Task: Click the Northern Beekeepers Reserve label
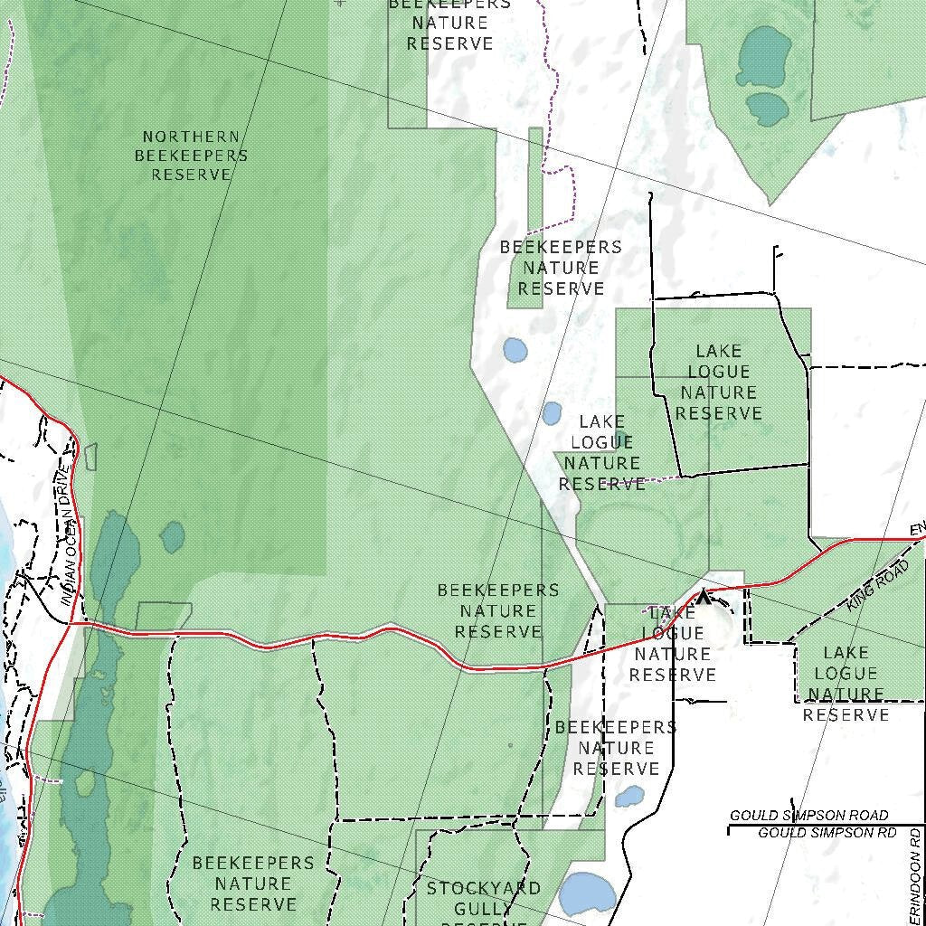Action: pos(191,156)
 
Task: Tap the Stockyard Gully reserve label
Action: pos(483,899)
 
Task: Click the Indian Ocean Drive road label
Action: pos(66,534)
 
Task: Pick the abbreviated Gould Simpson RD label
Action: pos(827,832)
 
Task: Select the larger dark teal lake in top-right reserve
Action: pos(764,57)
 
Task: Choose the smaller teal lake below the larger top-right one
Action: pos(767,109)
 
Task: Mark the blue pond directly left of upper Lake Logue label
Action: pos(515,350)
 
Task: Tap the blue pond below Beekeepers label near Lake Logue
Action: pos(552,413)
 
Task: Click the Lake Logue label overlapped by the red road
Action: pos(672,644)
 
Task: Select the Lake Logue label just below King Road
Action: pos(846,683)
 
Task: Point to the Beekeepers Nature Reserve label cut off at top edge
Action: pos(449,24)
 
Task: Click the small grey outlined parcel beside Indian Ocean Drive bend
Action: pos(90,457)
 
